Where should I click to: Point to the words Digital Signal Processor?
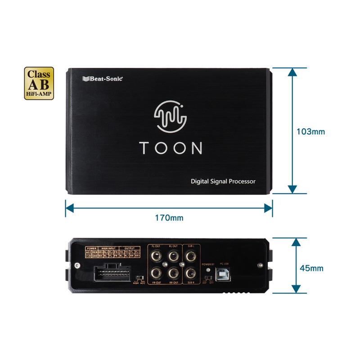(223, 181)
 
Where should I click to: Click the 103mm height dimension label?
(310, 132)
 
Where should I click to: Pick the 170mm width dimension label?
(169, 218)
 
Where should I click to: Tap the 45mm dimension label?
(311, 268)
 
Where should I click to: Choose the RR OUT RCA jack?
(173, 273)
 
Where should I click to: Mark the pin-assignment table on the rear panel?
(113, 252)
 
